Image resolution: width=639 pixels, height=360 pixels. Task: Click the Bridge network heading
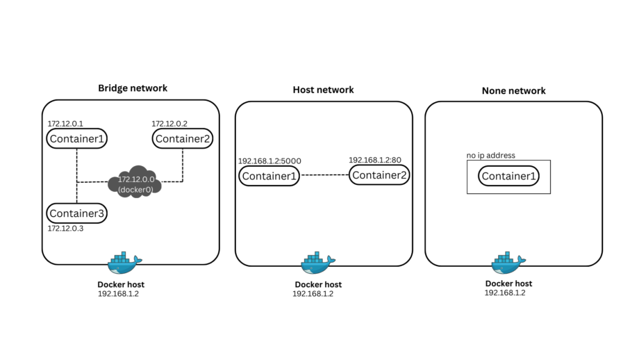[x=133, y=88]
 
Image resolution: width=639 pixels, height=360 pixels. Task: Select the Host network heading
[x=323, y=90]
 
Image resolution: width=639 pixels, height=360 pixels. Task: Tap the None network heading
[x=513, y=90]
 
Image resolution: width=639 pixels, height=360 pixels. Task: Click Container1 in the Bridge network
[x=76, y=138]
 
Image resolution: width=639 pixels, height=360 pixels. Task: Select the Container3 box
[x=76, y=213]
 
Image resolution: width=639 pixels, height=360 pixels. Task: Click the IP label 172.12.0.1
[x=65, y=123]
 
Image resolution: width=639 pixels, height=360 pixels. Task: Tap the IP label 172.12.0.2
[x=169, y=123]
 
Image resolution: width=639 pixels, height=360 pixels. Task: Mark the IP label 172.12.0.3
[x=65, y=229]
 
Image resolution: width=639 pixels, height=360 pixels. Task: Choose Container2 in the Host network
[x=379, y=174]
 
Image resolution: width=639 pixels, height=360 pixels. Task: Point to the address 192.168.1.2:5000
[x=271, y=161]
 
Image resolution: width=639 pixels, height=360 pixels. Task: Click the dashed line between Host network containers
[x=324, y=175]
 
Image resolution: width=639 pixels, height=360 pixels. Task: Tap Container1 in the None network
[x=509, y=176]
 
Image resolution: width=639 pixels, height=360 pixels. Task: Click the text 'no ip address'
[x=491, y=156]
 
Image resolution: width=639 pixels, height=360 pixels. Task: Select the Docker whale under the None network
[x=508, y=263]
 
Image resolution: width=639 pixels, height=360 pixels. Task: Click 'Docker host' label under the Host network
[x=318, y=284]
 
